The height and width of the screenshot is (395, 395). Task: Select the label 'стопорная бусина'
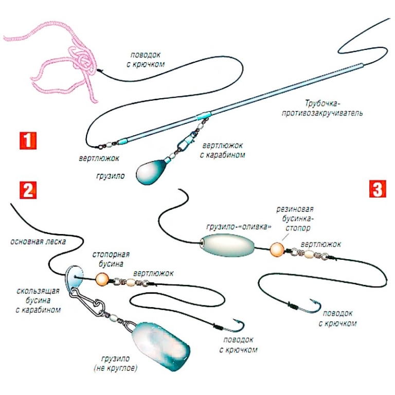pyautogui.click(x=111, y=259)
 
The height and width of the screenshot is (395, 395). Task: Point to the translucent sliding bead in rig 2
pyautogui.click(x=75, y=273)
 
